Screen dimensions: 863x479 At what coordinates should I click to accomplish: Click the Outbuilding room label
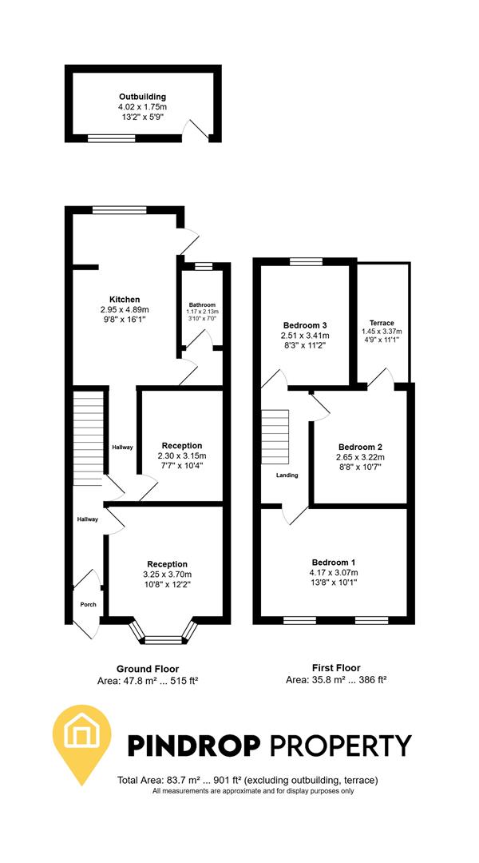(142, 97)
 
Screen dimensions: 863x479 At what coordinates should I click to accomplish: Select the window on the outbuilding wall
(111, 138)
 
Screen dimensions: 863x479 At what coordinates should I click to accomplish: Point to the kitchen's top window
(113, 209)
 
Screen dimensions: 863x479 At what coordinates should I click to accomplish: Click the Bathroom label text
(202, 305)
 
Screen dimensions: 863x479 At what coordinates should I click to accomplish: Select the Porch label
(88, 604)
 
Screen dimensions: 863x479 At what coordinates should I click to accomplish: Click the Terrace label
(382, 323)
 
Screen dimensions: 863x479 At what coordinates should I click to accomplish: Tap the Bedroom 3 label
(305, 325)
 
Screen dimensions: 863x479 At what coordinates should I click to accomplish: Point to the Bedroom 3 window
(305, 261)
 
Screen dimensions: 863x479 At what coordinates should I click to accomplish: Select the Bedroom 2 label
(360, 447)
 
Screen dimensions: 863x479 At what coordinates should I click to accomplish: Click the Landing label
(287, 475)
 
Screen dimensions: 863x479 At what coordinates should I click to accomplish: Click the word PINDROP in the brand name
(195, 745)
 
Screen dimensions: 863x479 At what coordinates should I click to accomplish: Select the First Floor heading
(335, 667)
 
